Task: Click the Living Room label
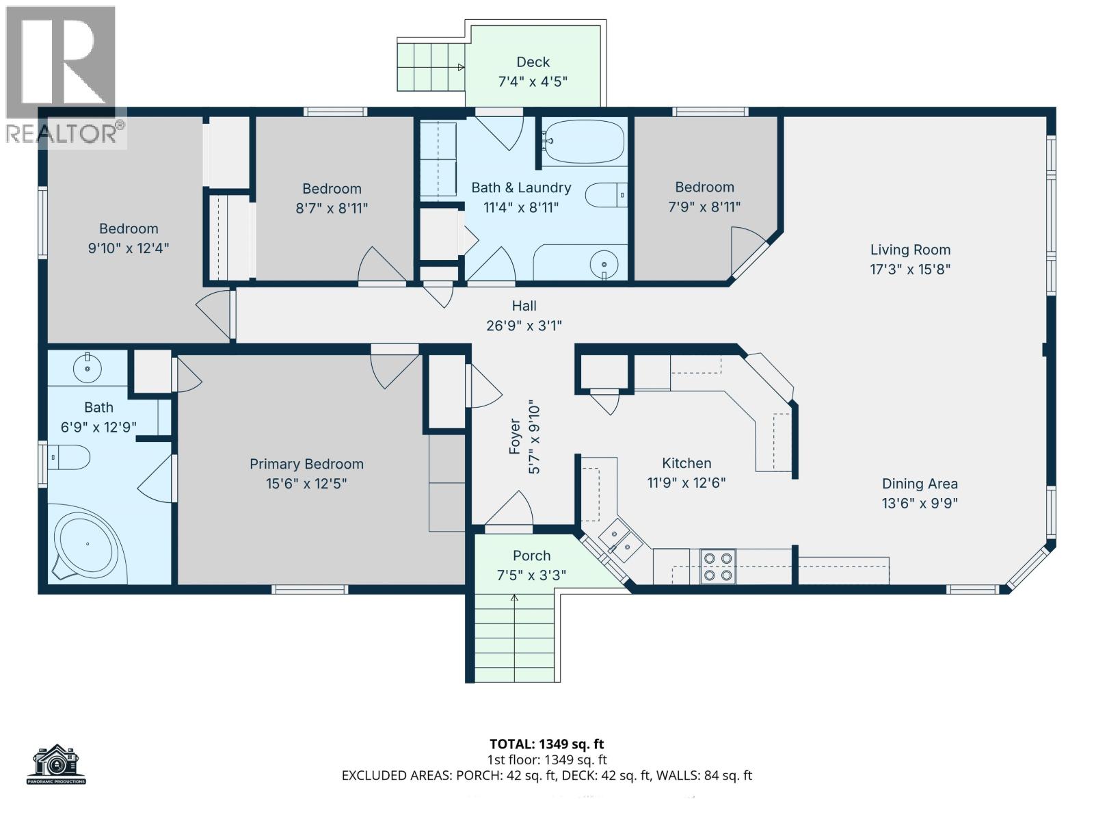coord(910,250)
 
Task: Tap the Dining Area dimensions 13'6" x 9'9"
coord(920,504)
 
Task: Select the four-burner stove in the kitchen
coord(718,566)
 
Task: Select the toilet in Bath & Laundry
coord(606,195)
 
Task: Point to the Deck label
coord(533,62)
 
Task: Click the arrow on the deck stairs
coord(461,67)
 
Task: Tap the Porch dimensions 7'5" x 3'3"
coord(531,575)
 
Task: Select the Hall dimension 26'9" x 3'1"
coord(524,326)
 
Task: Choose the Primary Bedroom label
coord(306,464)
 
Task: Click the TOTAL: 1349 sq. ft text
coord(546,744)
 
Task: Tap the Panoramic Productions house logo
coord(57,764)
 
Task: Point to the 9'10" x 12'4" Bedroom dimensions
coord(129,248)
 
